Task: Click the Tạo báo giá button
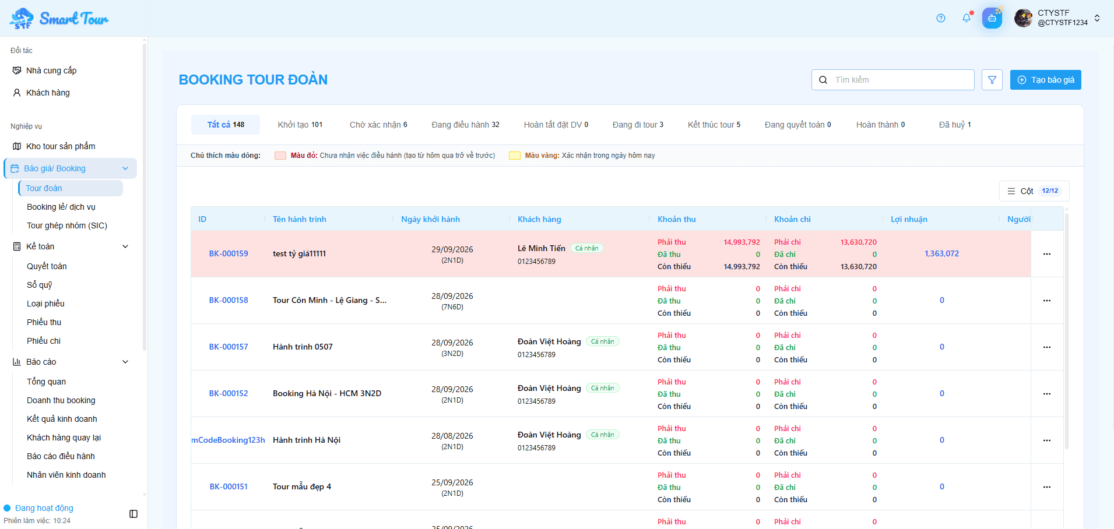click(1045, 80)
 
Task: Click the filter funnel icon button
click(992, 80)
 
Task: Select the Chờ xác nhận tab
click(378, 125)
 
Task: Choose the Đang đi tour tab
click(638, 125)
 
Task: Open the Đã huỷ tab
click(955, 125)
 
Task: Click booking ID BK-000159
click(229, 253)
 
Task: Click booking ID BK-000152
click(229, 393)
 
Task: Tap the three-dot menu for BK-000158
click(1047, 301)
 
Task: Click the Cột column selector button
click(1034, 191)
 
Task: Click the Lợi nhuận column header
click(909, 219)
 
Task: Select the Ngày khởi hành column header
click(430, 219)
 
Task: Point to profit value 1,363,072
click(941, 253)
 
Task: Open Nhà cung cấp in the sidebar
click(51, 70)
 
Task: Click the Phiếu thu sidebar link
click(44, 322)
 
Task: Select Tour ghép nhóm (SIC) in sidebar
click(67, 225)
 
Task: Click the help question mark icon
click(941, 18)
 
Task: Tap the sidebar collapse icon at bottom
click(133, 514)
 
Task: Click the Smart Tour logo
click(59, 19)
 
